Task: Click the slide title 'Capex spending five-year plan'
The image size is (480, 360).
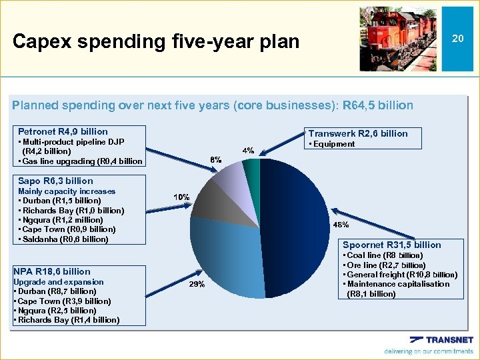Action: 156,42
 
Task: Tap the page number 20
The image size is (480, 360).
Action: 457,39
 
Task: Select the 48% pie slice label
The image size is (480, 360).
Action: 341,225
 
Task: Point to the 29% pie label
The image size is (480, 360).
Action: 197,284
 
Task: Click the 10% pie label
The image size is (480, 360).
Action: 181,197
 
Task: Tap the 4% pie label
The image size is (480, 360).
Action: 247,151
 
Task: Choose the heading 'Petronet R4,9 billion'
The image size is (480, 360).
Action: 63,131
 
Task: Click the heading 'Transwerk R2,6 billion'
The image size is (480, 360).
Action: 357,133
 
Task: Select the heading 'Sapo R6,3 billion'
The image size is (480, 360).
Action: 55,181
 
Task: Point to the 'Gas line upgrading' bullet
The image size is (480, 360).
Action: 80,161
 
